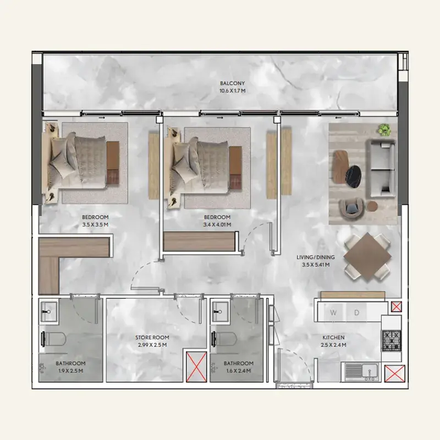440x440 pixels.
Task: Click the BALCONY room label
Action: [232, 84]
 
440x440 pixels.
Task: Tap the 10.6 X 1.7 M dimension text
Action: [232, 91]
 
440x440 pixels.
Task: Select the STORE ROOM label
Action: [152, 337]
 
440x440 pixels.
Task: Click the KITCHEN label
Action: [333, 337]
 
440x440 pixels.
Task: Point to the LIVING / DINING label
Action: [316, 257]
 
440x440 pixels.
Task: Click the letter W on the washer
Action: [333, 312]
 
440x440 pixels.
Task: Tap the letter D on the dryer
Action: [356, 312]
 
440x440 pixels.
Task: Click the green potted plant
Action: [384, 130]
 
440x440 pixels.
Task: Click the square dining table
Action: [367, 256]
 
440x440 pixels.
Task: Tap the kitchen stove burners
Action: [392, 340]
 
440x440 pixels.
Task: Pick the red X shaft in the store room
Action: [196, 367]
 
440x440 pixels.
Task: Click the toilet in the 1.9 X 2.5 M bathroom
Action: [54, 339]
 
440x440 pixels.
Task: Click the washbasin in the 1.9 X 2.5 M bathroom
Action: [50, 311]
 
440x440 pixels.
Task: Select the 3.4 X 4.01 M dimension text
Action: [217, 225]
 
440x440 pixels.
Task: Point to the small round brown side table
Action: [372, 206]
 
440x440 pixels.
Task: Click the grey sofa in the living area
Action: [381, 169]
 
